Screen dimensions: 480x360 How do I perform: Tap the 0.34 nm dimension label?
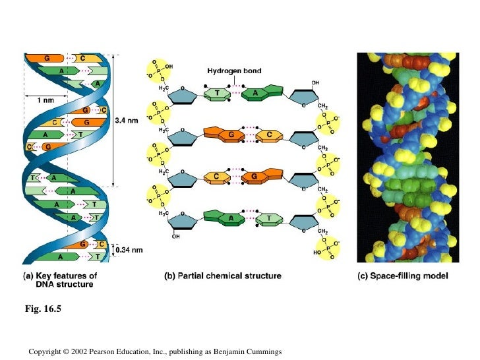pos(129,250)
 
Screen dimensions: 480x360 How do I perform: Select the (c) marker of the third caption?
pos(363,276)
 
